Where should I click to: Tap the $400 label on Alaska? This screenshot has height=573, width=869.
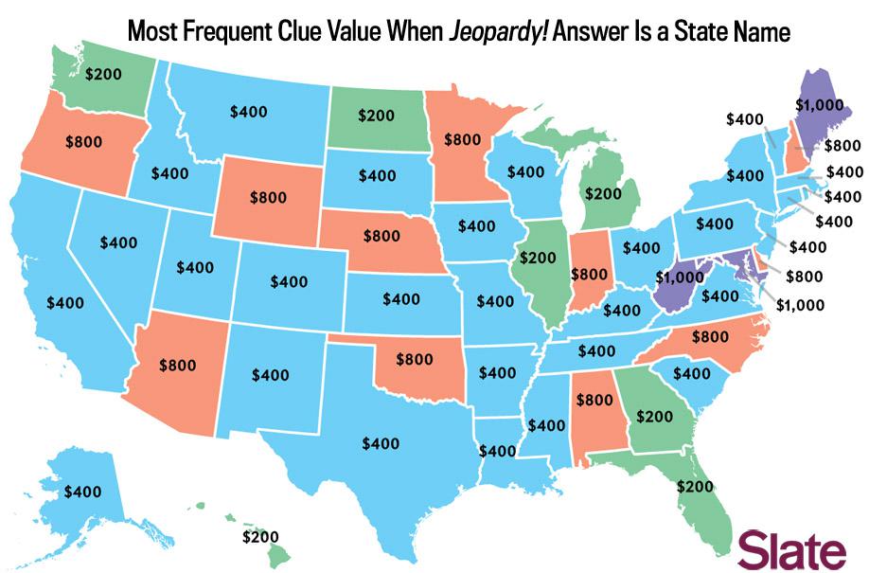click(x=83, y=492)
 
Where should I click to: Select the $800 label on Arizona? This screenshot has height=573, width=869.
click(x=177, y=363)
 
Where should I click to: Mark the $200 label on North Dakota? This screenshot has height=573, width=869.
click(x=376, y=116)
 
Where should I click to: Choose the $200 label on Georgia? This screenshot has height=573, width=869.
click(x=653, y=415)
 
